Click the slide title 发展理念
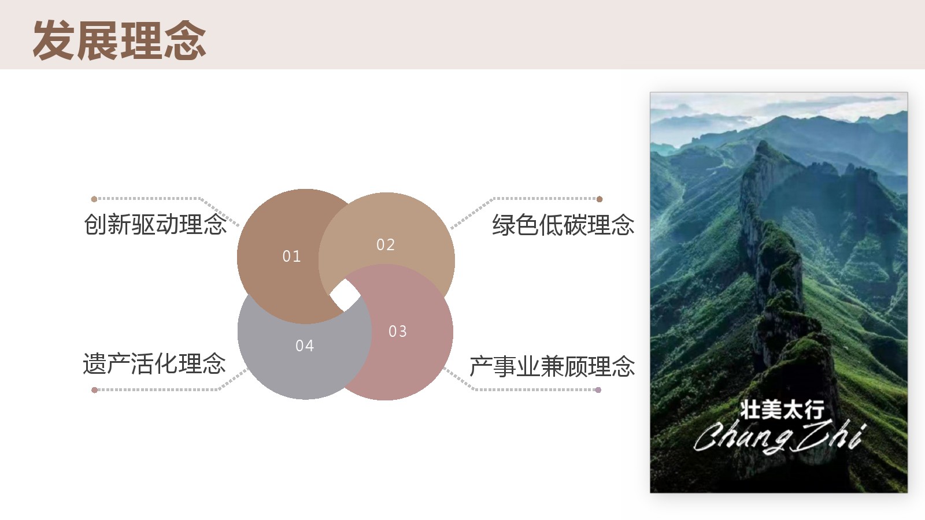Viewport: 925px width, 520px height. [x=119, y=40]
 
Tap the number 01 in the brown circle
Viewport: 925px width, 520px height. [x=291, y=257]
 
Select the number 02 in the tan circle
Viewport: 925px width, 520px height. [x=386, y=245]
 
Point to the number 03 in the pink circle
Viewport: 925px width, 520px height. [x=398, y=332]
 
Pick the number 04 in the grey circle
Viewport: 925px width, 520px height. [x=305, y=346]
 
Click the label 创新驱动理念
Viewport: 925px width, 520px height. [x=156, y=225]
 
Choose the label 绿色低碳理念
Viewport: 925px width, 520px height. [x=563, y=225]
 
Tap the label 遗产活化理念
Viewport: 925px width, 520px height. [x=154, y=364]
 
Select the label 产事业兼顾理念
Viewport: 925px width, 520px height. [x=552, y=366]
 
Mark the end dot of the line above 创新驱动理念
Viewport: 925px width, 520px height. [x=94, y=199]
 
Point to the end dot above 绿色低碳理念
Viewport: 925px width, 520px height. [x=600, y=199]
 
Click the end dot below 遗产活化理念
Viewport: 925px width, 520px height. [x=95, y=390]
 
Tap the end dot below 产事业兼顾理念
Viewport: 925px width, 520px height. [x=598, y=390]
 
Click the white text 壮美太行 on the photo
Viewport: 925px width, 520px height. [x=782, y=410]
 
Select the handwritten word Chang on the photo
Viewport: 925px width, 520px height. [x=743, y=437]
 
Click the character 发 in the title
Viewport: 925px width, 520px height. [x=54, y=40]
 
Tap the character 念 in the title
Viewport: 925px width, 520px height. [x=185, y=40]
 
